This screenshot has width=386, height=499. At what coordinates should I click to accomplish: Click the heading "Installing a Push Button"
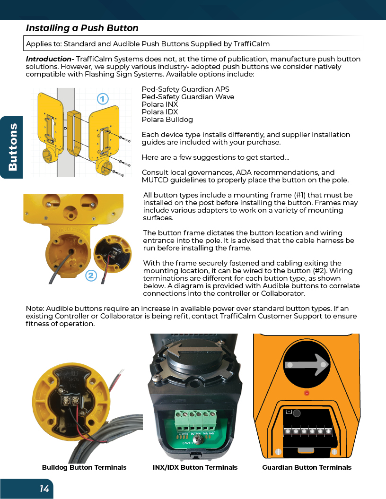coord(82,28)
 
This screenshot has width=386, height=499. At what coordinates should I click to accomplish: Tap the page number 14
coord(44,489)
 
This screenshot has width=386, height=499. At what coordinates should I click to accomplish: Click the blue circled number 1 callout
coord(102,99)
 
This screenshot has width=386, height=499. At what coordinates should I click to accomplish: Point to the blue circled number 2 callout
coord(91,275)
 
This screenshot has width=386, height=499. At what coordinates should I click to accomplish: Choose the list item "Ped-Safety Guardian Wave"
coord(188,97)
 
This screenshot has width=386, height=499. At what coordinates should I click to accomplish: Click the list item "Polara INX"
coord(160,104)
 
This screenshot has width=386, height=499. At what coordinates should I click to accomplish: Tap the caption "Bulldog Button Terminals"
coord(84,467)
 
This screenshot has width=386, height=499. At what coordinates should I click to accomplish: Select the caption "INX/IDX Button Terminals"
coord(195,467)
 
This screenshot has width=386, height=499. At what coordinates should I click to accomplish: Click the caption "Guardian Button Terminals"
coord(307,467)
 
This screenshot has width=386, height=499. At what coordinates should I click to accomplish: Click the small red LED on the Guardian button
coord(307,393)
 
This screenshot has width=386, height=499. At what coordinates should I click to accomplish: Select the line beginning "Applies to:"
coord(148,44)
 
